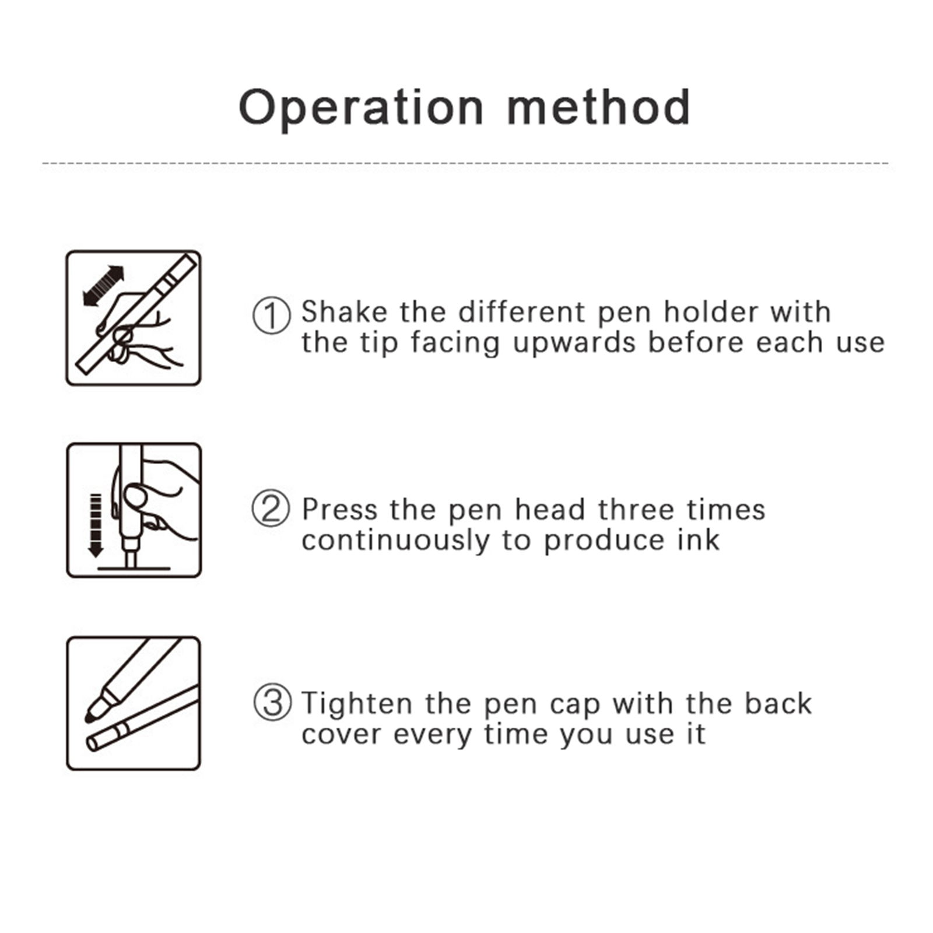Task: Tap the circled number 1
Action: click(x=271, y=315)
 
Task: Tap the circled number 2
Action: click(x=271, y=508)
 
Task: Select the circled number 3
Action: click(x=272, y=702)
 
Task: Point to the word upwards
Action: click(x=574, y=343)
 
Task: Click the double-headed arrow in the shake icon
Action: click(x=104, y=286)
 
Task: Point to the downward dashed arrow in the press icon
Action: click(x=96, y=525)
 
